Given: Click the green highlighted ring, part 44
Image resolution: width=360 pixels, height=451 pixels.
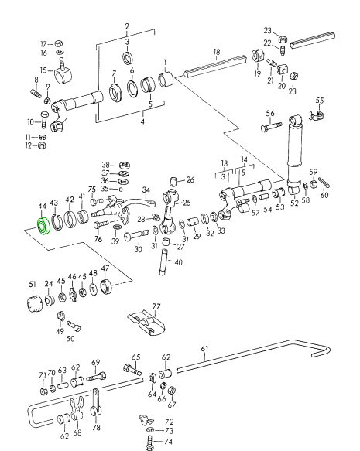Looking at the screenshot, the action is (x=43, y=227).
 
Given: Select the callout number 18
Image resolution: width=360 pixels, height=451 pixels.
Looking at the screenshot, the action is (x=217, y=52).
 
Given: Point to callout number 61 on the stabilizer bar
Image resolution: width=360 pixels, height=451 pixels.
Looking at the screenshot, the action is (x=204, y=349).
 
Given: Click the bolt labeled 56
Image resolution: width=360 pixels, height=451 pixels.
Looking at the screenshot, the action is (x=271, y=127).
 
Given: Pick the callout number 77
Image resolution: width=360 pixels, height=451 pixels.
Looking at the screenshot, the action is (x=156, y=306).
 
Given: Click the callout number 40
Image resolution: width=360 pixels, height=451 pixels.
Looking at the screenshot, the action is (x=178, y=262).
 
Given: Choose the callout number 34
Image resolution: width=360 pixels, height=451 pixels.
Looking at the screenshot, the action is (x=146, y=190).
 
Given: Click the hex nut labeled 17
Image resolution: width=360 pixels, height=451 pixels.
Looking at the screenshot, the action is (x=59, y=44).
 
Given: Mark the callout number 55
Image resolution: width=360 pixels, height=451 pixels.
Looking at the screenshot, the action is (x=320, y=101).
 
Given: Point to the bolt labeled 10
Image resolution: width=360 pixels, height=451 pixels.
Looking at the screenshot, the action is (x=45, y=120).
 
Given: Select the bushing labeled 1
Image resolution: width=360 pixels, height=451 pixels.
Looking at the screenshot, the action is (x=166, y=80).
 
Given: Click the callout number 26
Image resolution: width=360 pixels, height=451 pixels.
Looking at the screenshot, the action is (x=190, y=179).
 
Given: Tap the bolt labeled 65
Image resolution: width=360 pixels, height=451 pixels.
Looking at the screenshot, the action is (x=132, y=369).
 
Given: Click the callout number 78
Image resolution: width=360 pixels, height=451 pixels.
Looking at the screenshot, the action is (x=97, y=428).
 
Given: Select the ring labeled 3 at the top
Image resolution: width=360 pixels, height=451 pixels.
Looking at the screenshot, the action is (x=128, y=58).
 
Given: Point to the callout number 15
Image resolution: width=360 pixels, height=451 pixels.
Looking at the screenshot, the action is (x=43, y=70).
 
